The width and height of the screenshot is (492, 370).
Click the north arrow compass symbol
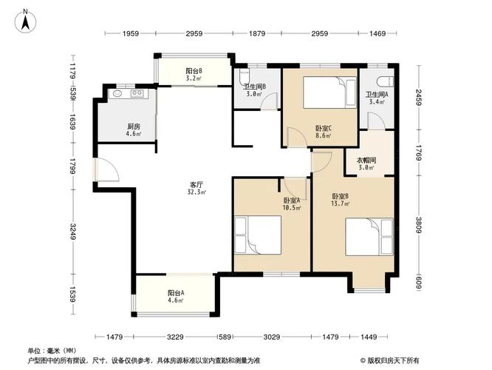click(x=26, y=20)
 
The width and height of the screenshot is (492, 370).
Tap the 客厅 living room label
click(x=195, y=185)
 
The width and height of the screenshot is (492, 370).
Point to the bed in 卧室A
click(x=256, y=236)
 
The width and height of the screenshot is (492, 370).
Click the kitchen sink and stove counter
click(x=126, y=94)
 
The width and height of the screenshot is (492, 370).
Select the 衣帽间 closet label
click(x=367, y=160)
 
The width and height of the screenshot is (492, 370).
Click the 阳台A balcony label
click(x=176, y=293)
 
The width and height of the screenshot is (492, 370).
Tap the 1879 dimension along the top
click(x=256, y=34)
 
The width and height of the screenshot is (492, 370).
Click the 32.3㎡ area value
click(x=196, y=192)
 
